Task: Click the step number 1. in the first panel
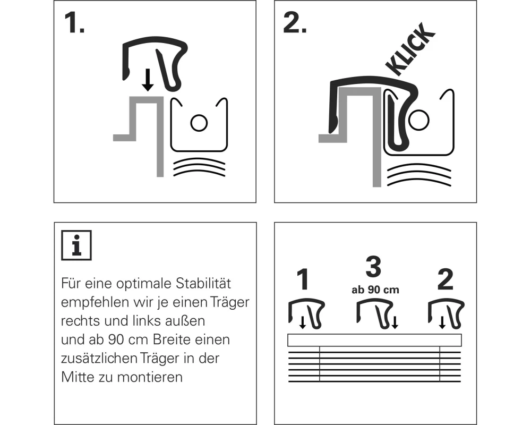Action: (74, 23)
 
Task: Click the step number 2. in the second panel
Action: (295, 23)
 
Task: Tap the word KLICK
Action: (410, 49)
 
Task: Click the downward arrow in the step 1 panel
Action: (147, 80)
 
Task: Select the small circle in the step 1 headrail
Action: (199, 123)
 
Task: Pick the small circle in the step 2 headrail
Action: (419, 120)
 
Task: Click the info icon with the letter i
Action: (76, 245)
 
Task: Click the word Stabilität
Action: (203, 283)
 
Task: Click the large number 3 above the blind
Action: (373, 267)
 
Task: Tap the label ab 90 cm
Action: (375, 290)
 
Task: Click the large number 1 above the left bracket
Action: (303, 279)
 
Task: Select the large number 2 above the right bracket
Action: (445, 279)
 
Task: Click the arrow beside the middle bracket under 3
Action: (395, 322)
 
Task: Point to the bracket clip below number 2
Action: (447, 313)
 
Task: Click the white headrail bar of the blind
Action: (374, 340)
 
